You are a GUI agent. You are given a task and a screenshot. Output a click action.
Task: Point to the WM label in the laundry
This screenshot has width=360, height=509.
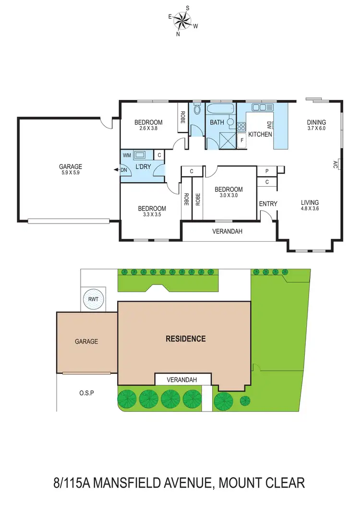127,155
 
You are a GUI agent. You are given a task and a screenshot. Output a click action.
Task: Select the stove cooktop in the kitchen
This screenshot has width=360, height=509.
241,127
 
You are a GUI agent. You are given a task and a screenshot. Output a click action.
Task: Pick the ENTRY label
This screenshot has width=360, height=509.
268,204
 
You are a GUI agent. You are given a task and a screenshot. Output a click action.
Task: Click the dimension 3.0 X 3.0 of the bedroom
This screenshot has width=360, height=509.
228,196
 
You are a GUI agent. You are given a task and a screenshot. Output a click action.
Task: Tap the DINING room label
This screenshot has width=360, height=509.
316,122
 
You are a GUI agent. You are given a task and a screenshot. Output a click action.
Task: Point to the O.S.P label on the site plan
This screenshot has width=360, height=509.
86,393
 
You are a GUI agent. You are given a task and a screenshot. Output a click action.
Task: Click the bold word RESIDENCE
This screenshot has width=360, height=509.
185,339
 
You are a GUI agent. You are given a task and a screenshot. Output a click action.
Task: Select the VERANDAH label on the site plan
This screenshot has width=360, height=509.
182,379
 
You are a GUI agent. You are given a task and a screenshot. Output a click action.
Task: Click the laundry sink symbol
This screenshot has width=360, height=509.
141,155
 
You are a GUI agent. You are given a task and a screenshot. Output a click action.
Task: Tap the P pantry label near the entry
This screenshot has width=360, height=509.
266,170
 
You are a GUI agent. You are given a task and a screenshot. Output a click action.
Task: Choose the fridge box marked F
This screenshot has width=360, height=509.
242,141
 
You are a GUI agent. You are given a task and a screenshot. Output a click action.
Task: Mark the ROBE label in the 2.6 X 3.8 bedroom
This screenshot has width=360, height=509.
183,115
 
